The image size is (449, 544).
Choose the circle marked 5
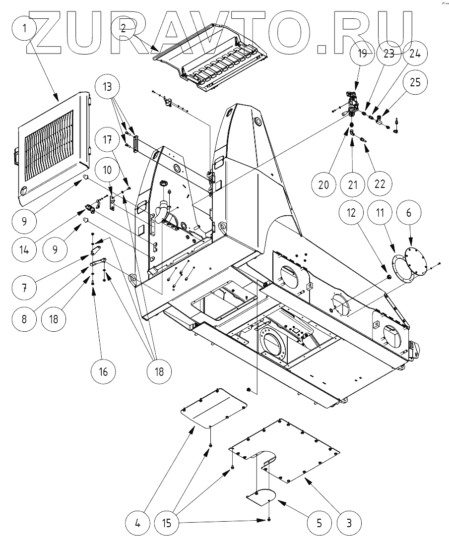coord(319,522)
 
